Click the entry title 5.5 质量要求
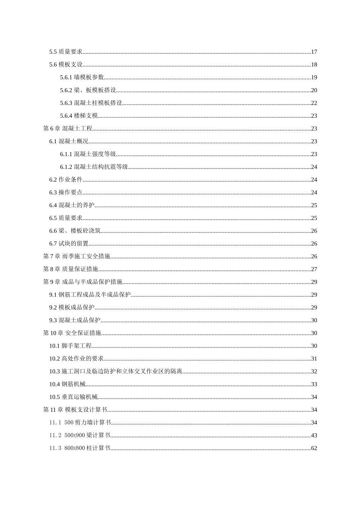[66, 52]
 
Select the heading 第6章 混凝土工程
[68, 129]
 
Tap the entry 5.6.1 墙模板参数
[82, 78]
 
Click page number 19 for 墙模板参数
[314, 78]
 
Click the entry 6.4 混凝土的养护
[72, 205]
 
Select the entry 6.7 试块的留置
[69, 244]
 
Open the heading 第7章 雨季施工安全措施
[77, 256]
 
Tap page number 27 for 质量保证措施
[314, 269]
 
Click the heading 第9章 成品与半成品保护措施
[83, 282]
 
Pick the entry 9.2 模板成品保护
[72, 308]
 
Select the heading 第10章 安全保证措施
[72, 333]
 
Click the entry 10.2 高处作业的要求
[77, 359]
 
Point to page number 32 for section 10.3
[314, 372]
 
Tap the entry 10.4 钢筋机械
[67, 384]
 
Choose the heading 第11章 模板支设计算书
[75, 410]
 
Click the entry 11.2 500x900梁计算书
[80, 436]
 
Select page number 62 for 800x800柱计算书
[314, 448]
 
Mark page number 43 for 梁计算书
[314, 436]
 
